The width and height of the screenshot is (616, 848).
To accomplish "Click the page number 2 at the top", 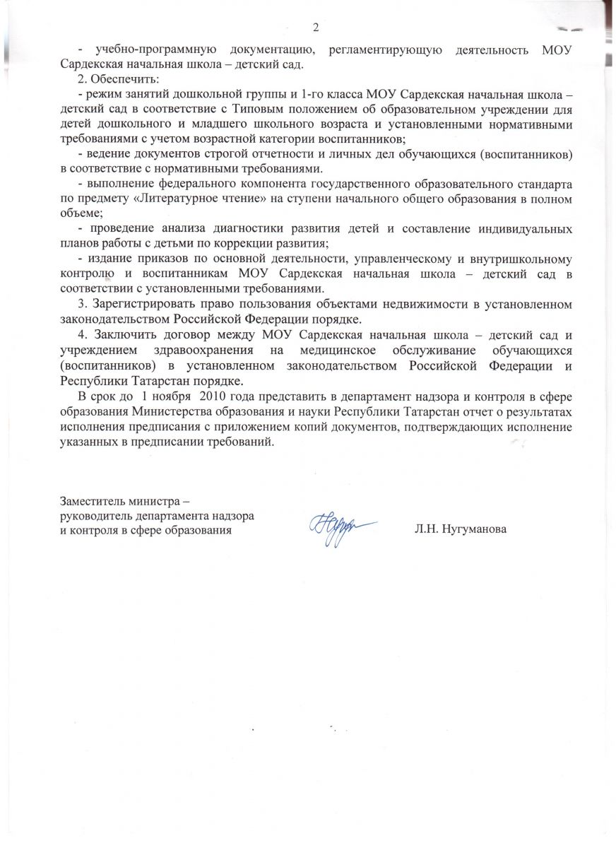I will [x=316, y=28].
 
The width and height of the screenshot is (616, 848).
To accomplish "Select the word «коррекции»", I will [x=254, y=243].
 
